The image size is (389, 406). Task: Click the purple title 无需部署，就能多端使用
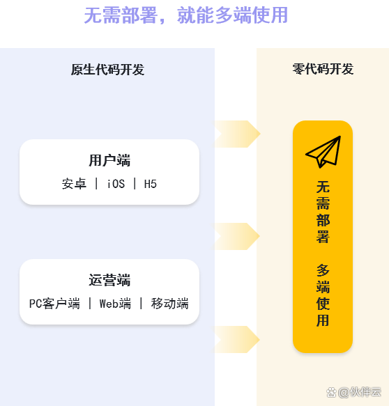[186, 15]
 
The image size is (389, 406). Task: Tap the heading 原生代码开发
[107, 70]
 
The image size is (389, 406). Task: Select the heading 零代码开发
[323, 69]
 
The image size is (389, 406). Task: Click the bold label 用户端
[109, 160]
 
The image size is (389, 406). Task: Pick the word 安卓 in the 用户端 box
[74, 184]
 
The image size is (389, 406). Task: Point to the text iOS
[116, 184]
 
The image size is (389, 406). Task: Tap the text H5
[151, 184]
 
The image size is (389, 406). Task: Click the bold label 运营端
[109, 280]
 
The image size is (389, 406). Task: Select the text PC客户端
[54, 304]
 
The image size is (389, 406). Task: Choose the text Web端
[115, 304]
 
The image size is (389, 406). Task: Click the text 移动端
[169, 304]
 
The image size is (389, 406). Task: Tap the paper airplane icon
[323, 152]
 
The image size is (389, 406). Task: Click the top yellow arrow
[238, 134]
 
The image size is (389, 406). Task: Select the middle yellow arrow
[238, 236]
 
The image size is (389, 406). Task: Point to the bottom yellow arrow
[238, 339]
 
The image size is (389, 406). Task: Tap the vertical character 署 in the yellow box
[323, 237]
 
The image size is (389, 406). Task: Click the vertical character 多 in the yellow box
[323, 270]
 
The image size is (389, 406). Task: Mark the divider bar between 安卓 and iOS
[96, 184]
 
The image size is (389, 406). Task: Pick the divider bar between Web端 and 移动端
[142, 303]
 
